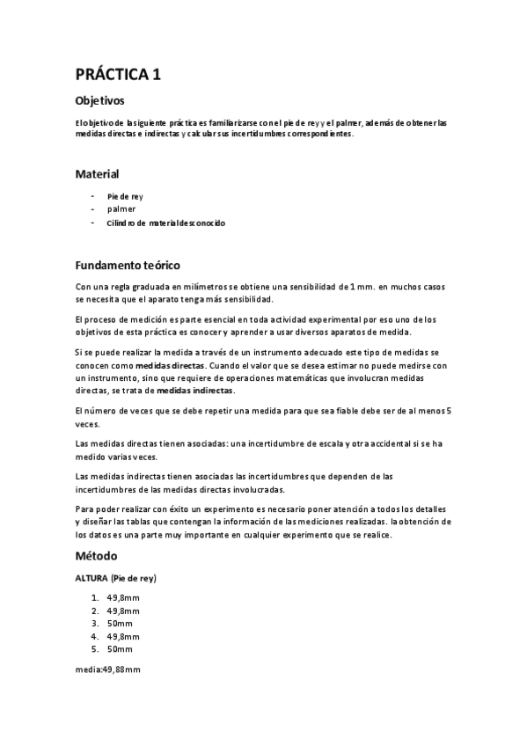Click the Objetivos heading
pyautogui.click(x=100, y=101)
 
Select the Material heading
pyautogui.click(x=97, y=174)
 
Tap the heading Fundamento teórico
pyautogui.click(x=128, y=265)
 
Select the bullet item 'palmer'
pyautogui.click(x=121, y=209)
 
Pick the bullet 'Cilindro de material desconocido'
pyautogui.click(x=166, y=223)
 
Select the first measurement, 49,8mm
pyautogui.click(x=122, y=598)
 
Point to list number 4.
pyautogui.click(x=94, y=636)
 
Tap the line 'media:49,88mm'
pyautogui.click(x=108, y=669)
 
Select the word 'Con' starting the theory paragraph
pyautogui.click(x=84, y=287)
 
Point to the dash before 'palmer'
pyautogui.click(x=92, y=209)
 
